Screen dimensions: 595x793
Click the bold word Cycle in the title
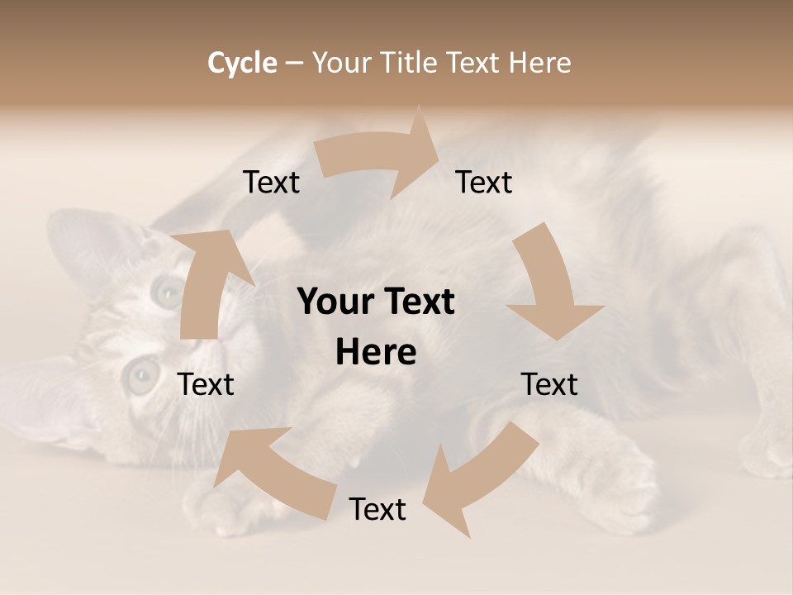coord(242,63)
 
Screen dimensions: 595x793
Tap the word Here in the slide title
coord(540,63)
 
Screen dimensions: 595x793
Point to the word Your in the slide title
coord(341,63)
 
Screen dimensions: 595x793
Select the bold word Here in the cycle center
coord(376,353)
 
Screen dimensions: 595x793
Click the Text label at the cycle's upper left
coord(271,183)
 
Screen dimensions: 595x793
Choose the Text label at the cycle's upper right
coord(484,183)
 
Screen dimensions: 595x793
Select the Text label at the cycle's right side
coord(549,384)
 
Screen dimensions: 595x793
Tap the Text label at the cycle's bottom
coord(378,509)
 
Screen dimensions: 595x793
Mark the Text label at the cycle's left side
coord(206,384)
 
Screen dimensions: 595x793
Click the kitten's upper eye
coord(169,290)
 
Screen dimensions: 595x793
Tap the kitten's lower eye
coord(141,375)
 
